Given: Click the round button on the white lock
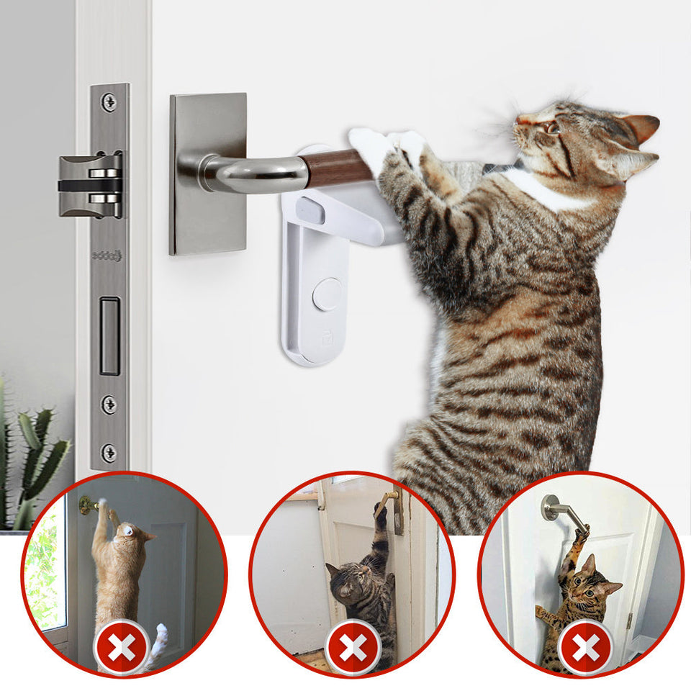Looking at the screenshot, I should click(327, 294).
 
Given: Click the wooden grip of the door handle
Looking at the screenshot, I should click(337, 168).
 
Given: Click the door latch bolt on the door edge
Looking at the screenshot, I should click(90, 185).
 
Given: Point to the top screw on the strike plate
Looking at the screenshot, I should click(109, 102).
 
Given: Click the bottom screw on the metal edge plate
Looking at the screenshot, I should click(109, 453).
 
